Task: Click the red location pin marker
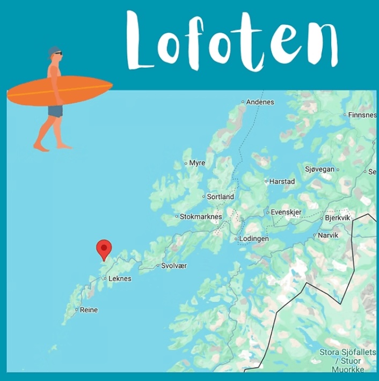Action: pyautogui.click(x=104, y=249)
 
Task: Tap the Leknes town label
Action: pyautogui.click(x=120, y=279)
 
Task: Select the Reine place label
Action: pyautogui.click(x=89, y=310)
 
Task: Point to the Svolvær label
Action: pyautogui.click(x=174, y=266)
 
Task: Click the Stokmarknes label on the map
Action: pyautogui.click(x=201, y=217)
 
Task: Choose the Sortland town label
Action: pyautogui.click(x=221, y=197)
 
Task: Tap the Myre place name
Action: pyautogui.click(x=197, y=163)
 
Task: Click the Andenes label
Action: pyautogui.click(x=260, y=102)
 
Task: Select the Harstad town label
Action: pyautogui.click(x=282, y=182)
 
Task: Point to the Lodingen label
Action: pyautogui.click(x=254, y=239)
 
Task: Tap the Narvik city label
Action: pyautogui.click(x=328, y=236)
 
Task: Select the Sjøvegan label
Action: pyautogui.click(x=319, y=170)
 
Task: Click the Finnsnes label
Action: pyautogui.click(x=362, y=115)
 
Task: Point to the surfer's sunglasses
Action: pyautogui.click(x=58, y=54)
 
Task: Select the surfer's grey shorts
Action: pyautogui.click(x=55, y=111)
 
